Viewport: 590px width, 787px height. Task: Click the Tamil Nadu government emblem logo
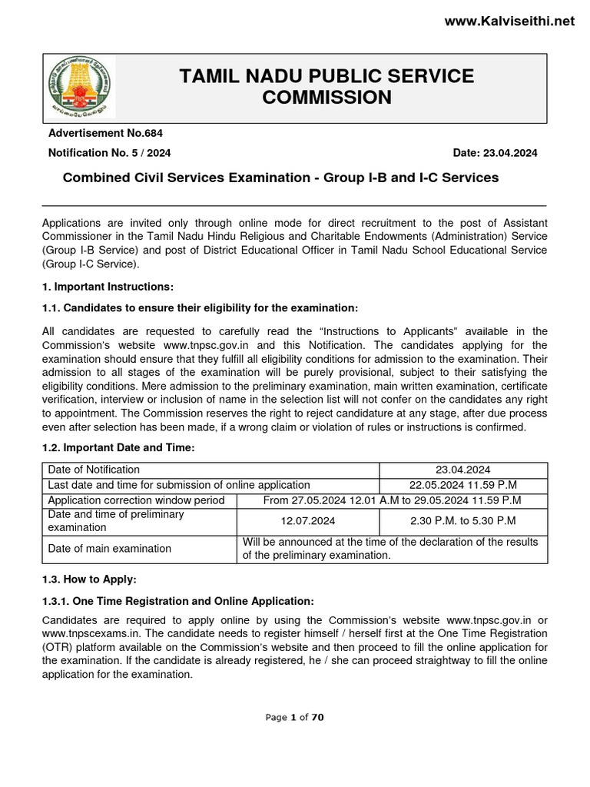79,87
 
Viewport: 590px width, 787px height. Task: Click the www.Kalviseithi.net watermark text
509,22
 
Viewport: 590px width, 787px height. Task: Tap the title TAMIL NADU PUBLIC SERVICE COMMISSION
326,87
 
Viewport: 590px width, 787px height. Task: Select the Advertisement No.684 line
105,133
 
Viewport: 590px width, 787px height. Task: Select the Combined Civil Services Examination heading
280,178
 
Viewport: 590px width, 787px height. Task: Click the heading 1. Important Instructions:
108,287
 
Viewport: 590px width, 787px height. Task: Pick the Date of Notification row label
94,470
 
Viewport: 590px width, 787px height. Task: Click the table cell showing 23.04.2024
463,470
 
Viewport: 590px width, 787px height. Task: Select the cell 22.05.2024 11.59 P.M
463,485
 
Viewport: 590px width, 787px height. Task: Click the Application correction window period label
136,500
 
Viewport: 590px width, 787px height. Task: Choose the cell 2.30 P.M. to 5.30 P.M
463,521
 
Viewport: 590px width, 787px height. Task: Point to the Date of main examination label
109,549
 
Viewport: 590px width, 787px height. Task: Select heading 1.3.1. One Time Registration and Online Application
177,600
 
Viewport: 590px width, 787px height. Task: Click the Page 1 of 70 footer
294,717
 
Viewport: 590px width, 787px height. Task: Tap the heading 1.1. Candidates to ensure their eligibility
200,308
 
